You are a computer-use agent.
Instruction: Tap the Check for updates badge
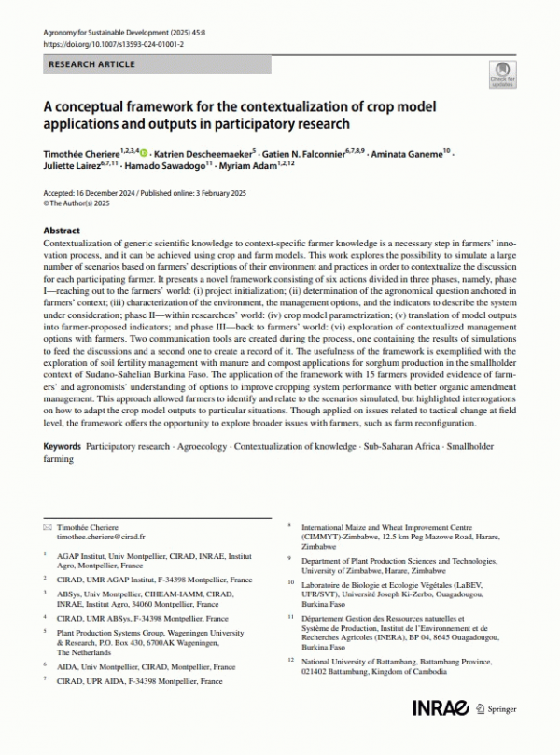502,74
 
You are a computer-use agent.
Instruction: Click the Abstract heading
65,229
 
